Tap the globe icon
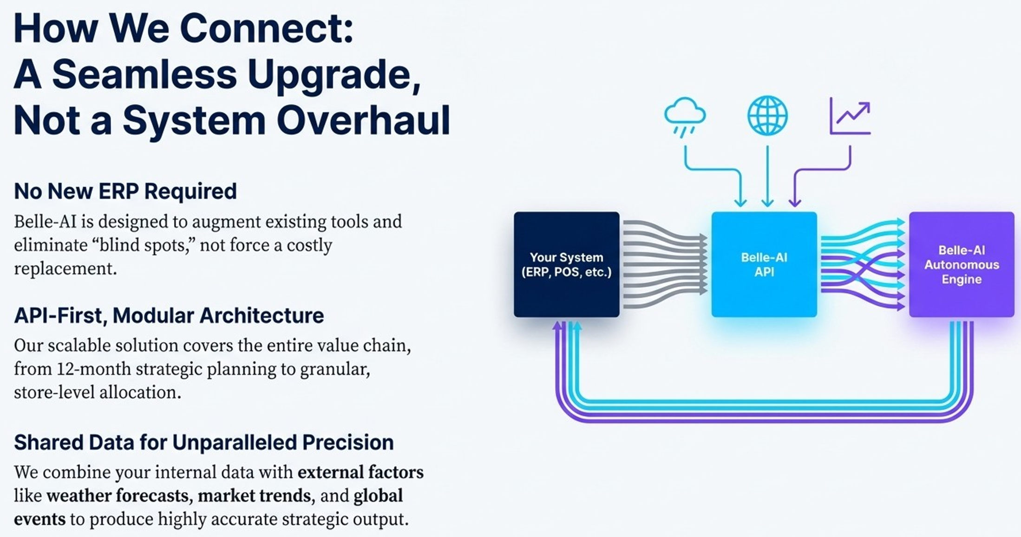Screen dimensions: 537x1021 point(767,116)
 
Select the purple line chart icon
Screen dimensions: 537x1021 point(850,117)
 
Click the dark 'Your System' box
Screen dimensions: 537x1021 point(566,264)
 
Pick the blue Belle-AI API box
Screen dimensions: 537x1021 point(764,264)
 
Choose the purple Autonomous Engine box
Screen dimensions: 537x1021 point(961,264)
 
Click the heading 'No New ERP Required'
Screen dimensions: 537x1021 point(125,191)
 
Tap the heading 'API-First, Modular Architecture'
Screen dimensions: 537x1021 point(169,316)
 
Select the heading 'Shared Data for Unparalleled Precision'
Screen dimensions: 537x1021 point(203,443)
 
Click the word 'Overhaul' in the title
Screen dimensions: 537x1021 point(363,120)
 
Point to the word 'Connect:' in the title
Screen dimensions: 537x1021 point(267,29)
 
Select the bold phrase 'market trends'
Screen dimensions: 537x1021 point(254,496)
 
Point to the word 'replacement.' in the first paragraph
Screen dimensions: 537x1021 point(65,268)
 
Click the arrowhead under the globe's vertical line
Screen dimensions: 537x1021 point(767,203)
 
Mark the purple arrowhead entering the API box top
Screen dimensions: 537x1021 point(795,203)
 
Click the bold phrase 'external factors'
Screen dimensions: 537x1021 point(360,472)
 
